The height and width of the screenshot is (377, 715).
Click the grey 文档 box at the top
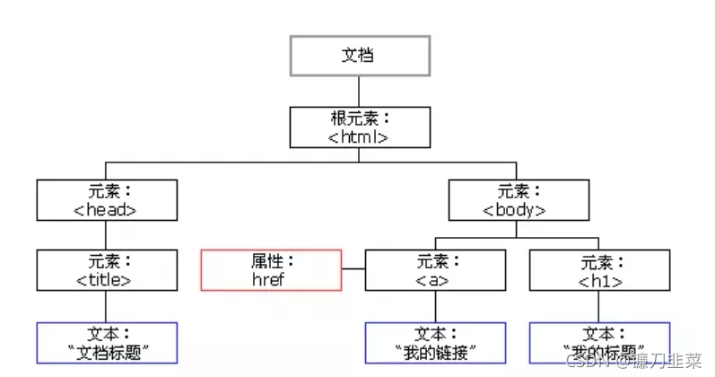click(358, 55)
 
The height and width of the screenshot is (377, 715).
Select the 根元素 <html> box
click(359, 127)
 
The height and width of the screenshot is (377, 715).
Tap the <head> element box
click(107, 200)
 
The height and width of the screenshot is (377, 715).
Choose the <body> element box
click(518, 200)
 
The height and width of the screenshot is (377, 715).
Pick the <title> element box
click(107, 270)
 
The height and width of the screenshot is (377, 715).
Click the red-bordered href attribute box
click(272, 270)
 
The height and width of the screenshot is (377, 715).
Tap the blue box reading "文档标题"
click(107, 342)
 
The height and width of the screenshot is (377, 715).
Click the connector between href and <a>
click(354, 269)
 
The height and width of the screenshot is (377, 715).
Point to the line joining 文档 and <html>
click(358, 91)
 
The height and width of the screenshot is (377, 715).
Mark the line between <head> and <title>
click(107, 235)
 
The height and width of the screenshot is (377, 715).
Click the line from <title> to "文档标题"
click(107, 306)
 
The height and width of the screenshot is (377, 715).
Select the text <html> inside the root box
click(359, 137)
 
